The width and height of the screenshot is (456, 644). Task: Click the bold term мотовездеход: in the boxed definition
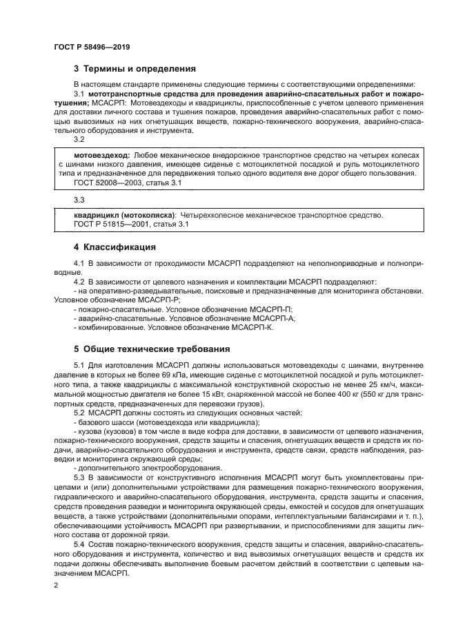(101, 156)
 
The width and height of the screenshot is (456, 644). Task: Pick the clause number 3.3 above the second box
(79, 200)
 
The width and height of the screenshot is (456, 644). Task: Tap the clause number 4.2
(79, 281)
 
